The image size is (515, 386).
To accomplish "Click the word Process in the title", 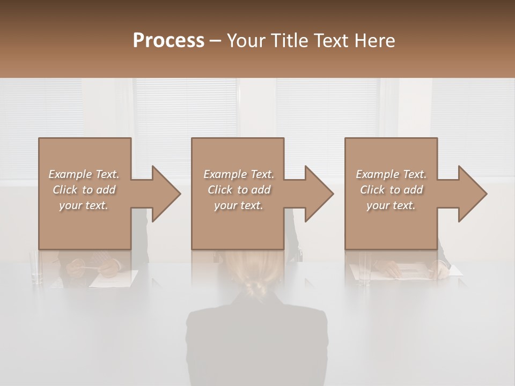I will (168, 41).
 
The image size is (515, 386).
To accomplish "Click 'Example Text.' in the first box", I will (84, 174).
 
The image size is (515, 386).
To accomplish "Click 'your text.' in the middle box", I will (238, 205).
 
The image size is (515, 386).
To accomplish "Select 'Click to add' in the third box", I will (391, 190).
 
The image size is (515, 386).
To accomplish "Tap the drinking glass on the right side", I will (365, 268).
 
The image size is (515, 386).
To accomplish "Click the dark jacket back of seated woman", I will (256, 343).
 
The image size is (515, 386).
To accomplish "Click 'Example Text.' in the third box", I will (391, 174).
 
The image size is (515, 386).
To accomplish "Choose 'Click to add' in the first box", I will (84, 190).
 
